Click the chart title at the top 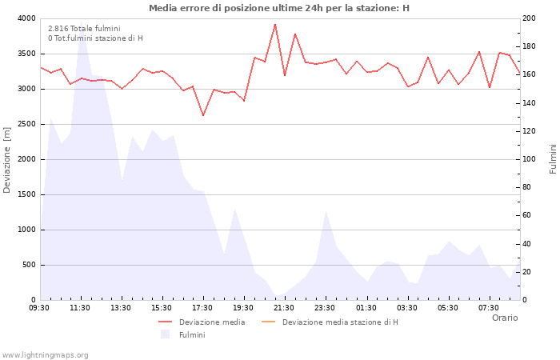(x=279, y=8)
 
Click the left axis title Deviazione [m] (x=8, y=159)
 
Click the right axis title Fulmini (x=552, y=159)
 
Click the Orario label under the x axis (x=504, y=318)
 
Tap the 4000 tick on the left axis (x=26, y=18)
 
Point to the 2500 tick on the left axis (x=26, y=124)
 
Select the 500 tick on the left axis (x=28, y=265)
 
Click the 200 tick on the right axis (x=530, y=18)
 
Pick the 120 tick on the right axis (x=530, y=131)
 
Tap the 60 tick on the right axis (x=528, y=215)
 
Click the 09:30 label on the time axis (x=40, y=307)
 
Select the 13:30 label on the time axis (x=122, y=307)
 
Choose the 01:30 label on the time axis (x=366, y=307)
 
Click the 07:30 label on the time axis (x=489, y=307)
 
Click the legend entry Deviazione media (x=212, y=322)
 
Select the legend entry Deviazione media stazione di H (x=340, y=322)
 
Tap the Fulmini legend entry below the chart (x=192, y=335)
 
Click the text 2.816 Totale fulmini (x=84, y=29)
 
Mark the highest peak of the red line (x=274, y=24)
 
